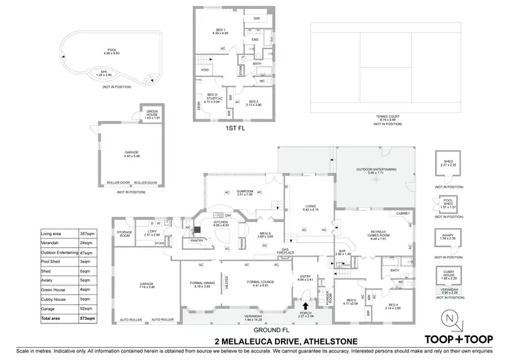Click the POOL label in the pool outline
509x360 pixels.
point(112,50)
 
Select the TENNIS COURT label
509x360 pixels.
point(386,117)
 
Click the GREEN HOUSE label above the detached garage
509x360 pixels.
point(151,115)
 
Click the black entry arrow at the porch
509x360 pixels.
point(305,307)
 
